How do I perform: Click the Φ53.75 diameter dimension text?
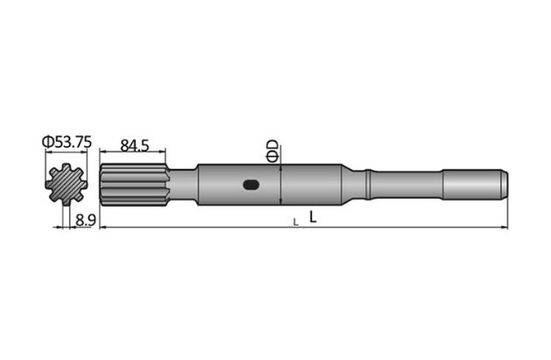coord(65,140)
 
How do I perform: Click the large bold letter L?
coord(313,216)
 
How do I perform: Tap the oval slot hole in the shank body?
coord(251,185)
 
